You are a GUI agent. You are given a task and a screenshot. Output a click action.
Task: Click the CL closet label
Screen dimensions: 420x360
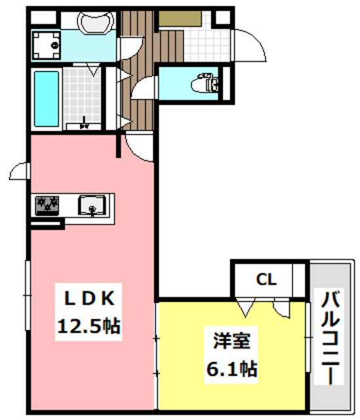coord(266,280)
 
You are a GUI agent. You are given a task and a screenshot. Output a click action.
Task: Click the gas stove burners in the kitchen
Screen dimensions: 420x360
coord(47,205)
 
